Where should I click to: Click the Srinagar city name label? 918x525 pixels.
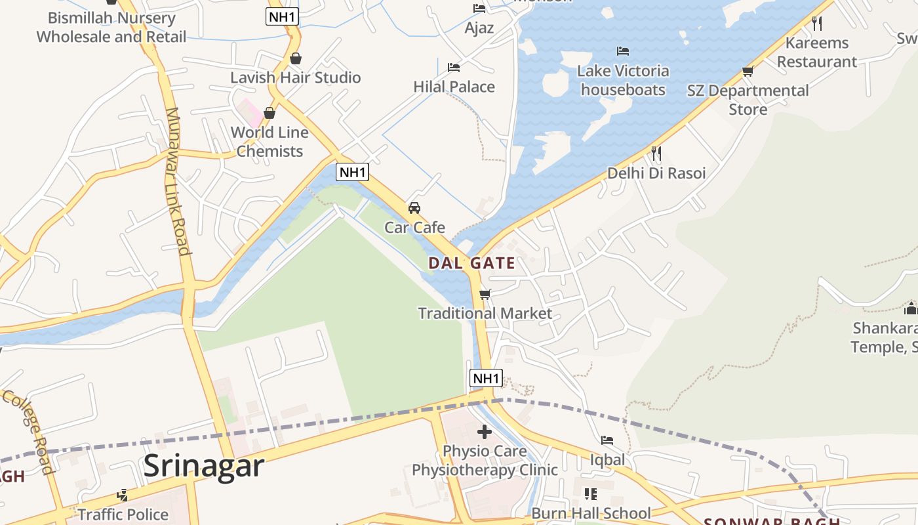(203, 465)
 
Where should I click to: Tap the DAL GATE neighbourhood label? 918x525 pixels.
(471, 263)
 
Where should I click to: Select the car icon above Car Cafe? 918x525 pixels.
(414, 208)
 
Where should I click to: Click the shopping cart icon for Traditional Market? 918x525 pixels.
(485, 294)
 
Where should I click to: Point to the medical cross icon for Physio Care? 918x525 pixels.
(485, 431)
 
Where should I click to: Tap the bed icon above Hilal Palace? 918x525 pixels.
(454, 67)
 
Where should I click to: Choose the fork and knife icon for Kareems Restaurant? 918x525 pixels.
(817, 23)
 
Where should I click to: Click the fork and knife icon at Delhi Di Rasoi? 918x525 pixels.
(656, 154)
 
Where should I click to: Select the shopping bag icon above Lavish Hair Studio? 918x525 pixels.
(296, 58)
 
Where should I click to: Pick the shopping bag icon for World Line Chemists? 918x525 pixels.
(269, 113)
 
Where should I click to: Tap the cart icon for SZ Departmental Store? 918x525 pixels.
(748, 71)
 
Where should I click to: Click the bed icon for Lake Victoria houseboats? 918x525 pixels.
(623, 51)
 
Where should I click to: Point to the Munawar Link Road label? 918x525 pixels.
(177, 180)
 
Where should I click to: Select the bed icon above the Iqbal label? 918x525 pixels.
(607, 440)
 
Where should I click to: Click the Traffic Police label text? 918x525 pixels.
(123, 514)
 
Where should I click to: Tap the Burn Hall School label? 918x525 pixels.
(591, 513)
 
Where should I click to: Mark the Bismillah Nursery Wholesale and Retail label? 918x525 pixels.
(111, 27)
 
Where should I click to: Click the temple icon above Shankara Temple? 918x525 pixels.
(910, 308)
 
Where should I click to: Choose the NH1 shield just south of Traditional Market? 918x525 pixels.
(486, 378)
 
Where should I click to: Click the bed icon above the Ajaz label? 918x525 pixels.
(479, 9)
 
